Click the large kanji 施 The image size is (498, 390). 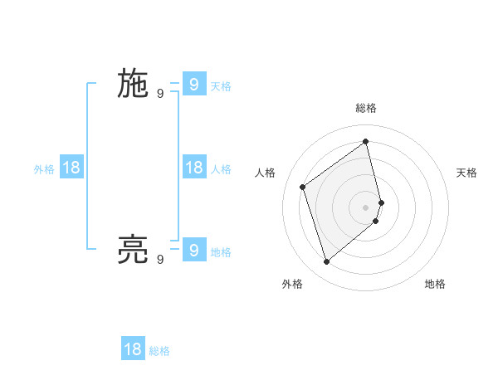tap(133, 85)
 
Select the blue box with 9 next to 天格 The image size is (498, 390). tap(193, 84)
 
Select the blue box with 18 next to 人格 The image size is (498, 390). tap(193, 168)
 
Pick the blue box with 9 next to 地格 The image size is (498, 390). tap(193, 249)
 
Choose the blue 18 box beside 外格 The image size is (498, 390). tap(71, 168)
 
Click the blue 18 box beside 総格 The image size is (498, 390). tap(133, 349)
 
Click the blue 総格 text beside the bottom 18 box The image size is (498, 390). tap(159, 351)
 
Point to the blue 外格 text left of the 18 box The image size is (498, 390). tap(44, 169)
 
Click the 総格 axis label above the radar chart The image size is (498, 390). tap(366, 108)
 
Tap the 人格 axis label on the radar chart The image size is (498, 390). tap(266, 173)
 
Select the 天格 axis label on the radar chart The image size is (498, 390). tap(466, 173)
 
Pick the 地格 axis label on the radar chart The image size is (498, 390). tap(435, 284)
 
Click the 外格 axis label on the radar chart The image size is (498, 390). tap(292, 284)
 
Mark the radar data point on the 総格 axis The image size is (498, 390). tap(366, 141)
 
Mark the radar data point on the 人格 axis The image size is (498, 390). tap(303, 187)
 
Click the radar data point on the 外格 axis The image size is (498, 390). tap(327, 262)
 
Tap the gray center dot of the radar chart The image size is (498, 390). tap(366, 207)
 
